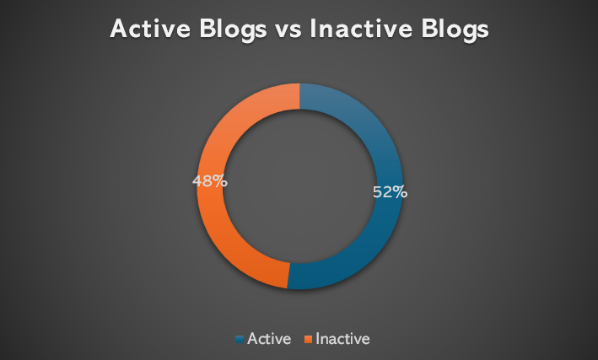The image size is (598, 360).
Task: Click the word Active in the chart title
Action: tap(150, 29)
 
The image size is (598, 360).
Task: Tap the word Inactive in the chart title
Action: tap(361, 29)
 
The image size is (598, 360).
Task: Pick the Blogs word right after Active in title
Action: tap(233, 30)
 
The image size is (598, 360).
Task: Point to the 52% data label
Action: tap(390, 192)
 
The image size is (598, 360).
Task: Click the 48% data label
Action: tap(210, 181)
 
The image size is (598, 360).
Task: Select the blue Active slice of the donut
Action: tap(388, 213)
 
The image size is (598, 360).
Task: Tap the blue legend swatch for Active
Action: tap(240, 339)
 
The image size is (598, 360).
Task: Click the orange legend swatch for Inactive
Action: tap(308, 339)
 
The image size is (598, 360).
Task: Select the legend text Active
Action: tap(269, 339)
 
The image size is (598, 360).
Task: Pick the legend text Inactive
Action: tap(342, 339)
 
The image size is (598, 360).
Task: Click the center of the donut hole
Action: tap(299, 186)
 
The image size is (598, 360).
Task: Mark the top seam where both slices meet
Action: tap(299, 96)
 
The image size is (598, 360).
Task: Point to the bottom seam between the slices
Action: tap(288, 275)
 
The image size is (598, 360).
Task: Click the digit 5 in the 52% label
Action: tap(377, 192)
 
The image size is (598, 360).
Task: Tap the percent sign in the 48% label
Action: tap(221, 181)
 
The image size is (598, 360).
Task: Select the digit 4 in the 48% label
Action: tap(197, 181)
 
